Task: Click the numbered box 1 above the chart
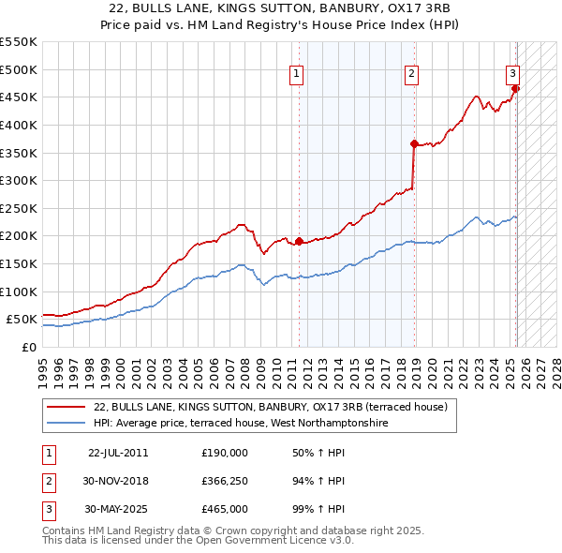click(296, 74)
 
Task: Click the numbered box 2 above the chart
click(412, 74)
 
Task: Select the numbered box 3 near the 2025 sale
click(513, 74)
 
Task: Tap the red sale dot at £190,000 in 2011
click(300, 242)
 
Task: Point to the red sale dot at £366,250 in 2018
click(413, 143)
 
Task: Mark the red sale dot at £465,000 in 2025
click(515, 89)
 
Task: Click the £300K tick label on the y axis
click(18, 180)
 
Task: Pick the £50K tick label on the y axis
click(22, 320)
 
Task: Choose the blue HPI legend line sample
click(65, 424)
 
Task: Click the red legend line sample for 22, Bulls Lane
click(65, 408)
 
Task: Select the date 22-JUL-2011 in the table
click(118, 452)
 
